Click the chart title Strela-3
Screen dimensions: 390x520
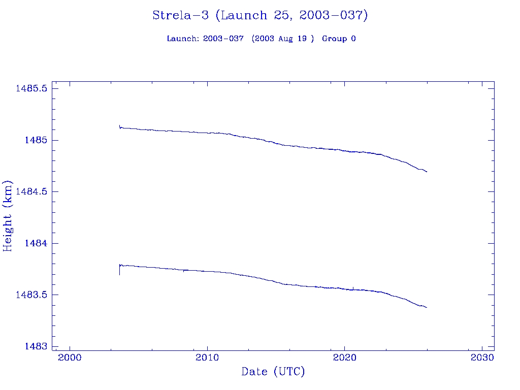[x=260, y=15]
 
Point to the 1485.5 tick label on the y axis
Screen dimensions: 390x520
[x=31, y=88]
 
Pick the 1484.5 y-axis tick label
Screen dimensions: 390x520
[x=31, y=191]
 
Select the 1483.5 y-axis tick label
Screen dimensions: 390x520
[x=31, y=295]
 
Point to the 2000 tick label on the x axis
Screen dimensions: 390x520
[x=70, y=357]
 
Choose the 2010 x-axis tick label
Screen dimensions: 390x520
[x=207, y=357]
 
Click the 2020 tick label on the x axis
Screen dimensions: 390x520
[x=345, y=357]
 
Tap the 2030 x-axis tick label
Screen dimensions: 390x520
[x=482, y=357]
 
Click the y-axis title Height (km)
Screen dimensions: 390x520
[x=8, y=215]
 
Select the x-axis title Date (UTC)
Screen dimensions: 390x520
[x=273, y=372]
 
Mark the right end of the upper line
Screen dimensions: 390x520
[x=427, y=172]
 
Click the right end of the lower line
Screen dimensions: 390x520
[x=427, y=307]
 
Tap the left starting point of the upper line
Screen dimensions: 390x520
[x=119, y=126]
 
